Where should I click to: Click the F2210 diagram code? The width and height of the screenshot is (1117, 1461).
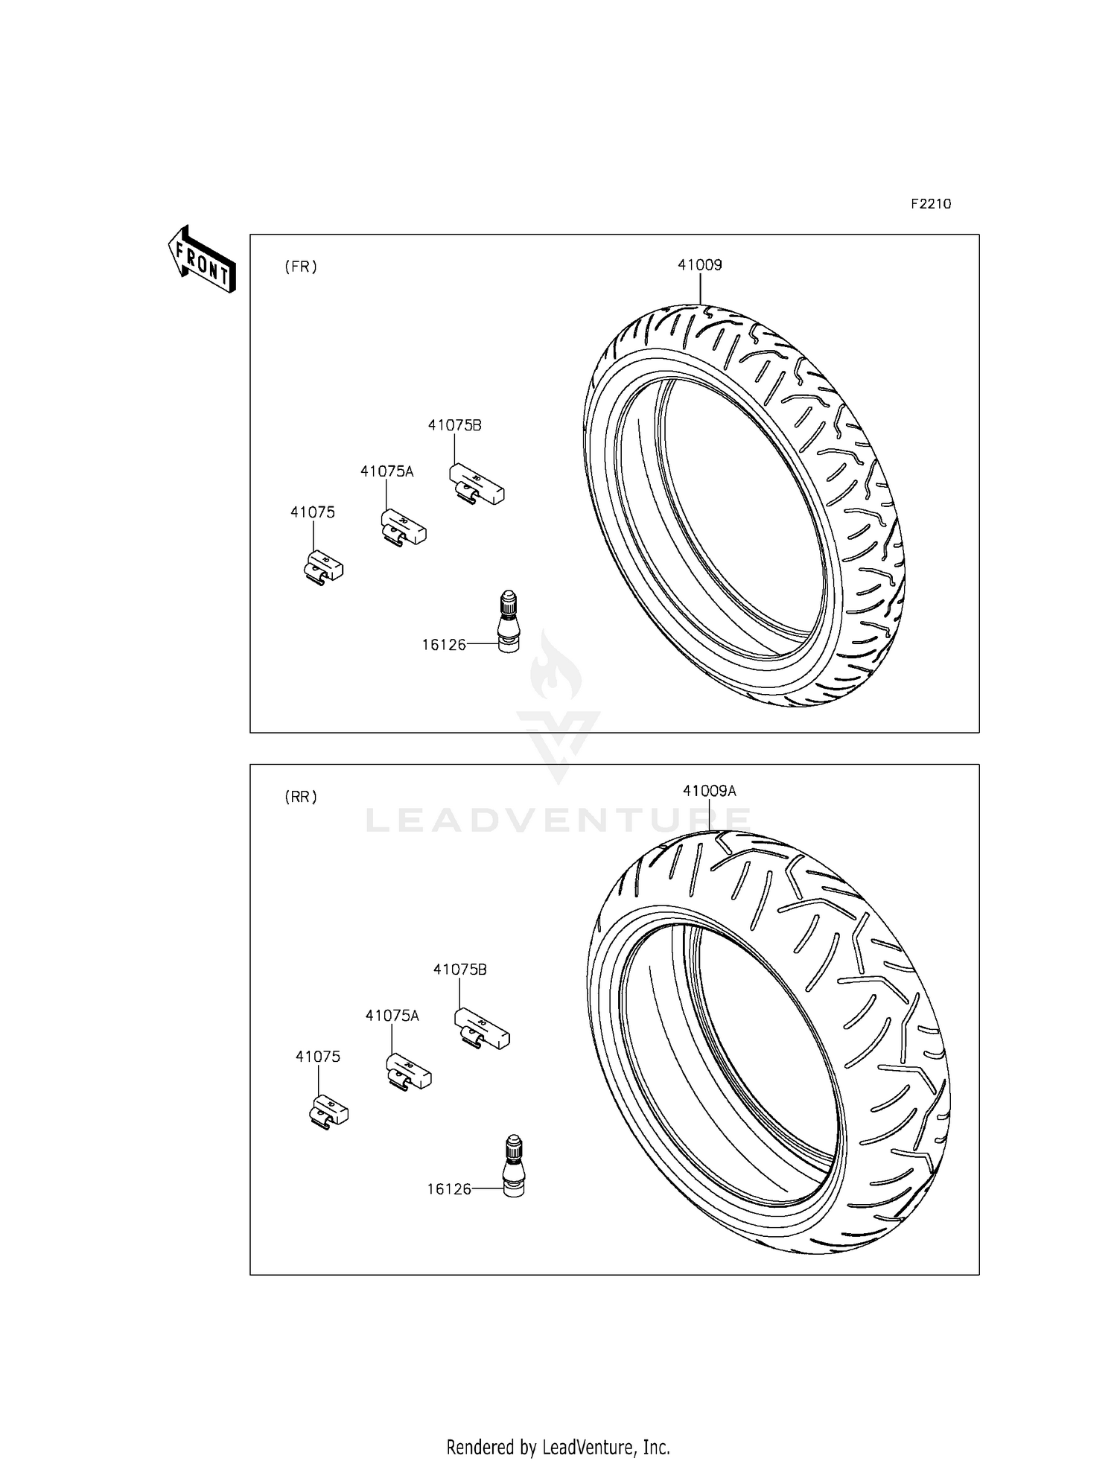[931, 204]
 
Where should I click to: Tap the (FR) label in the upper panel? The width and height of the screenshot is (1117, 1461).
[301, 267]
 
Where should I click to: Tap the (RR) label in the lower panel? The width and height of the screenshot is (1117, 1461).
[301, 797]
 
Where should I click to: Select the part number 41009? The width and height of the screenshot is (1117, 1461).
[699, 264]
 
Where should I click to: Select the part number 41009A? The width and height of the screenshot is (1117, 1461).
[709, 791]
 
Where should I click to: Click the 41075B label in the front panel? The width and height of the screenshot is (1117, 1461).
[454, 425]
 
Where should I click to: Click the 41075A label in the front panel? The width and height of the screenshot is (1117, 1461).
[386, 471]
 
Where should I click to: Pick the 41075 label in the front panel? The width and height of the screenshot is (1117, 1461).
[312, 512]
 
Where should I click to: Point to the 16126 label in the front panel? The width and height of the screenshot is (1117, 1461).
[444, 645]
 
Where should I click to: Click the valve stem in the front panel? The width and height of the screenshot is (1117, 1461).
[508, 623]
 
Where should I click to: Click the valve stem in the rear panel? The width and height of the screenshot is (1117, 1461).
[514, 1167]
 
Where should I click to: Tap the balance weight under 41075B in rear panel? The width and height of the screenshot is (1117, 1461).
[483, 1028]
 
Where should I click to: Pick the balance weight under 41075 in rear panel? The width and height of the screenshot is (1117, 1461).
[329, 1113]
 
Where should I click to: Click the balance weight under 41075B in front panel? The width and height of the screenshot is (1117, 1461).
[477, 484]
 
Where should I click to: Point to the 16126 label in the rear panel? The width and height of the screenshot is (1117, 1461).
[449, 1189]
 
